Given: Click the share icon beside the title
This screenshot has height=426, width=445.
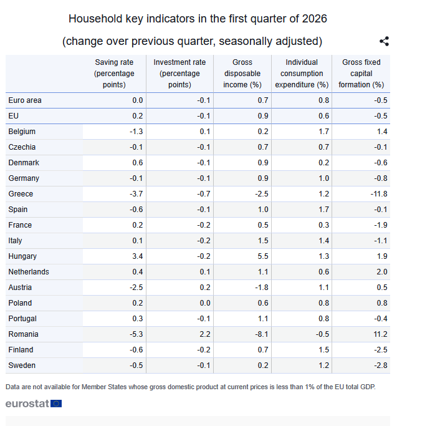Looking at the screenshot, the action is (x=385, y=41).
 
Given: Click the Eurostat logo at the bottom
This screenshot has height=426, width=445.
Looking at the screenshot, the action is (x=34, y=404).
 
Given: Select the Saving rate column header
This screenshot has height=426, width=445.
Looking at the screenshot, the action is (x=114, y=73).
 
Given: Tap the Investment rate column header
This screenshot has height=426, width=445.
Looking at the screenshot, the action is (x=179, y=73).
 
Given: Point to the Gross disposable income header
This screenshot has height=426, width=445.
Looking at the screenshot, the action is (x=242, y=73).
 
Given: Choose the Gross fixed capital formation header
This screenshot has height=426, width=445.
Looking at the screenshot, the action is (x=361, y=73).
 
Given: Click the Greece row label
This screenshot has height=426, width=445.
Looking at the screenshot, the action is (x=21, y=194).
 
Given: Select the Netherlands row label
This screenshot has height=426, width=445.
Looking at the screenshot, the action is (x=29, y=272).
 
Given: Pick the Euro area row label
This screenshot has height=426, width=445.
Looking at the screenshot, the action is (x=25, y=100).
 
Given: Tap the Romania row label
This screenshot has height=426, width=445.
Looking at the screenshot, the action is (x=23, y=334).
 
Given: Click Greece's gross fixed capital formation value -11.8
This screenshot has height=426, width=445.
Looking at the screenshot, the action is (x=379, y=194).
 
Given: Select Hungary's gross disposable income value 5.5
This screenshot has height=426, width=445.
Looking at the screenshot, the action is (x=263, y=256).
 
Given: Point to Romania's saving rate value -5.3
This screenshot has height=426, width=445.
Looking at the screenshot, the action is (x=136, y=334).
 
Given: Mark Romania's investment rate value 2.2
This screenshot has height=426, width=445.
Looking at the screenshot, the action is (x=205, y=334).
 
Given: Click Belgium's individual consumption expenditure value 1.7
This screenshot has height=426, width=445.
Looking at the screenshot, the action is (x=323, y=132).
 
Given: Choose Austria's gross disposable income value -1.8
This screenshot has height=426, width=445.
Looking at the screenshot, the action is (x=262, y=288).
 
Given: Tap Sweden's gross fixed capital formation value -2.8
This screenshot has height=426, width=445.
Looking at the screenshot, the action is (x=381, y=365).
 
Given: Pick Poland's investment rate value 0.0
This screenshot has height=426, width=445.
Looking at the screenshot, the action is (x=205, y=303).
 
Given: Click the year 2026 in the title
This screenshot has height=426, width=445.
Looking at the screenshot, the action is (x=315, y=19).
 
